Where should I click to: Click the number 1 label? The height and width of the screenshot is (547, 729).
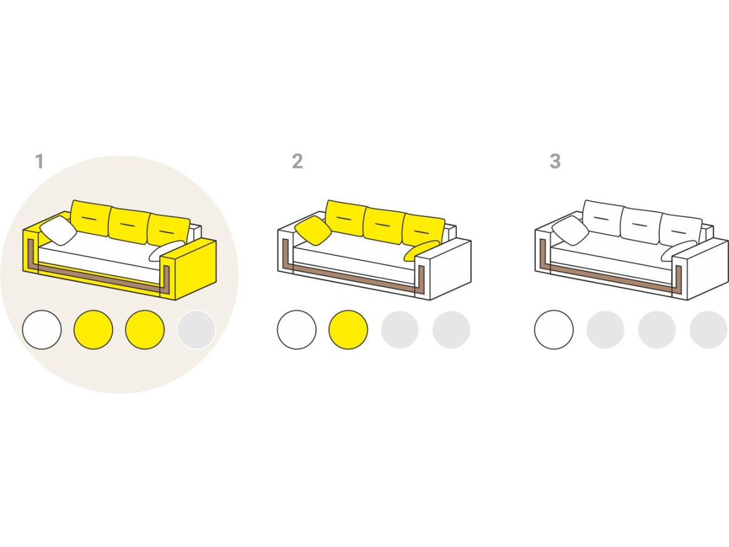click(x=39, y=162)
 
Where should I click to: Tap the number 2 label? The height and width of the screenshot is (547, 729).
click(x=297, y=162)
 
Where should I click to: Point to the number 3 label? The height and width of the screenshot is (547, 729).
click(x=555, y=162)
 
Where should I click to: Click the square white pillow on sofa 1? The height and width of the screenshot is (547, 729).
click(x=58, y=230)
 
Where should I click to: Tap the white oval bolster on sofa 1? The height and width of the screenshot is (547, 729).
click(x=166, y=250)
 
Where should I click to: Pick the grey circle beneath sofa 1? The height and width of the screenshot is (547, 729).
click(x=196, y=330)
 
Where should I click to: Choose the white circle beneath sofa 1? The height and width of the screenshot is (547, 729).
click(x=42, y=330)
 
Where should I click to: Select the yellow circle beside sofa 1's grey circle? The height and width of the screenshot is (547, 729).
click(x=145, y=330)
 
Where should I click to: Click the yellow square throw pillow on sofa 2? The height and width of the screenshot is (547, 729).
click(x=313, y=230)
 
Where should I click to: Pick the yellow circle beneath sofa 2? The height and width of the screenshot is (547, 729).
click(x=348, y=330)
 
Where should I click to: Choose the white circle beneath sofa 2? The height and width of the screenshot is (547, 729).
click(x=296, y=330)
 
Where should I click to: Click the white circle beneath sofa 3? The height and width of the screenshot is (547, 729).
click(x=554, y=330)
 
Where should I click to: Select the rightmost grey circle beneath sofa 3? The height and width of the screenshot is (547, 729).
click(x=708, y=330)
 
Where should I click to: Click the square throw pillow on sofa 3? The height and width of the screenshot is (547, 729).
click(x=570, y=230)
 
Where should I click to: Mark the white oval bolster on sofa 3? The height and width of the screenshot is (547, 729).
click(x=679, y=250)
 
